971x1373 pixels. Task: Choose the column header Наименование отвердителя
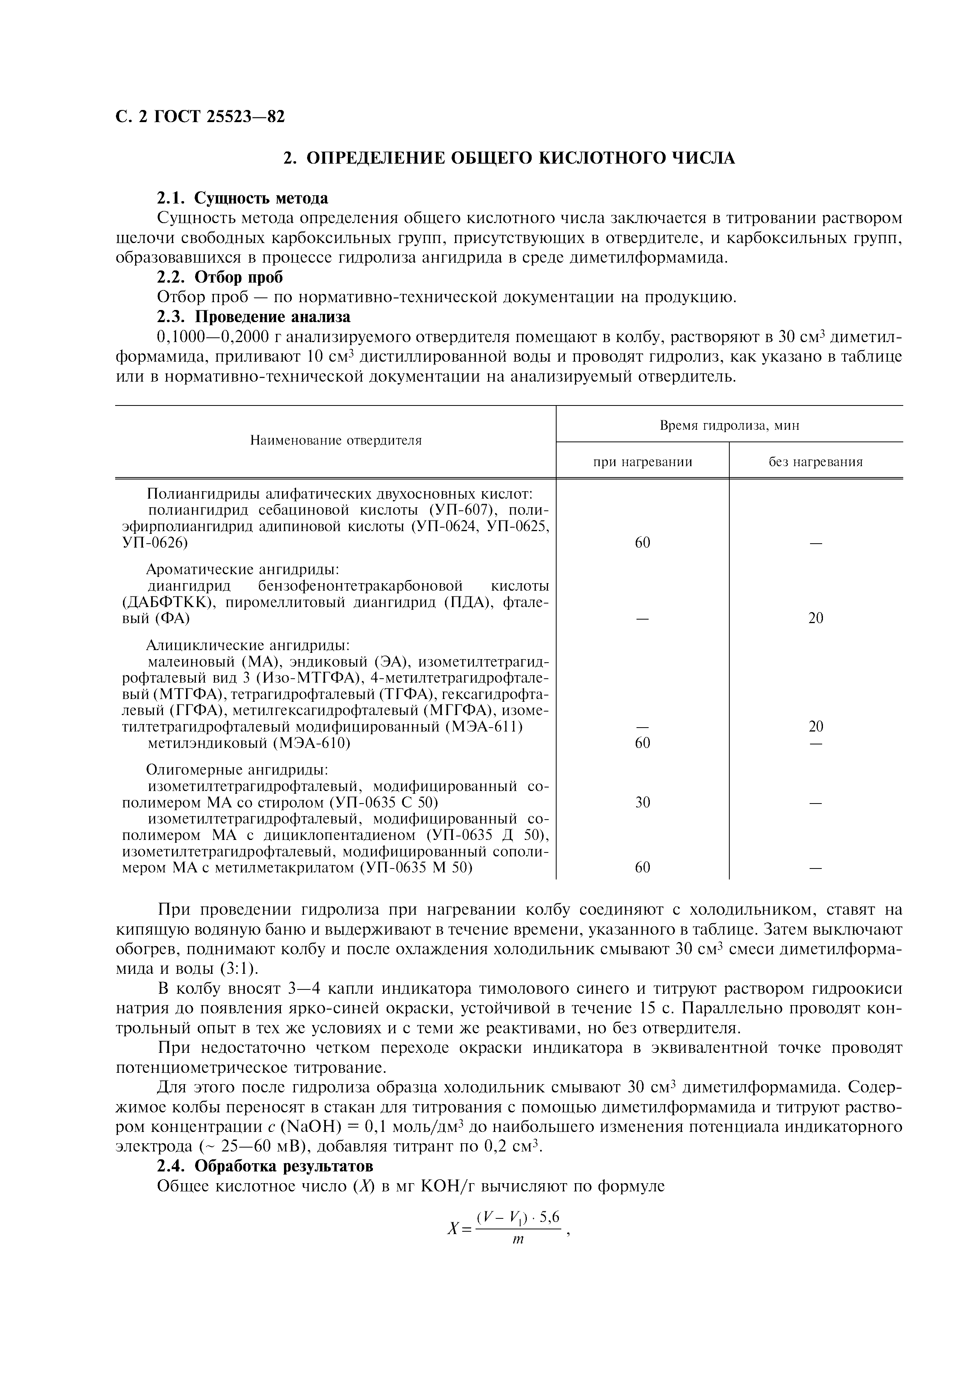point(336,441)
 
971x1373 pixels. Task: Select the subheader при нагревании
point(642,462)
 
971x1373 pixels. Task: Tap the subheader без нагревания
point(815,462)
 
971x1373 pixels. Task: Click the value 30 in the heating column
point(642,802)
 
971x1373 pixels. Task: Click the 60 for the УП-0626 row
point(642,543)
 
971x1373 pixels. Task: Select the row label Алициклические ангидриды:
point(248,646)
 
